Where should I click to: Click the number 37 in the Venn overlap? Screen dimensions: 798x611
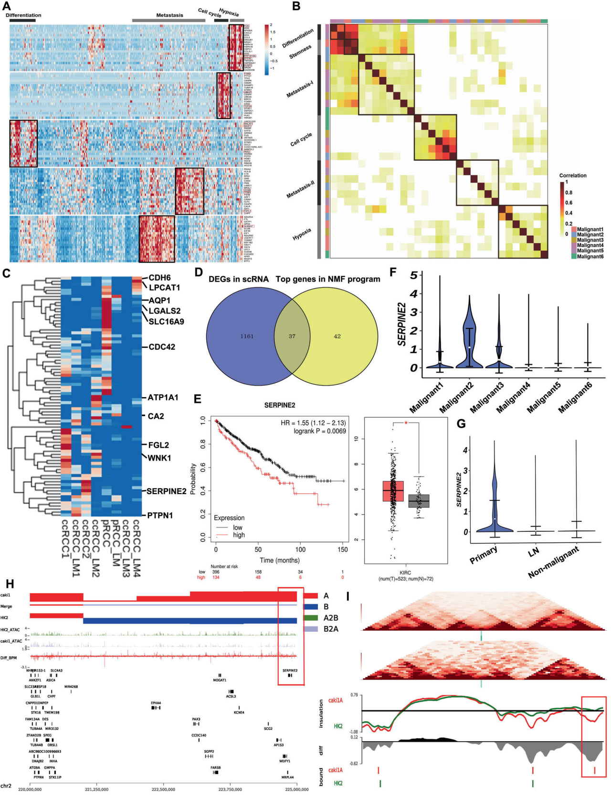[x=292, y=336]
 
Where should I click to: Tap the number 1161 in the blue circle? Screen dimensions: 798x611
[x=247, y=336]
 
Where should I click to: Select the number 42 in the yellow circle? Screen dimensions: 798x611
[x=337, y=336]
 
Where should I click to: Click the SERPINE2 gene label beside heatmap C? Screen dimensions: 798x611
[x=166, y=491]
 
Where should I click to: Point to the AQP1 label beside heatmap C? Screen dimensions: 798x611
[x=159, y=301]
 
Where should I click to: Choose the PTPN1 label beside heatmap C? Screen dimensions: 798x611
[x=160, y=516]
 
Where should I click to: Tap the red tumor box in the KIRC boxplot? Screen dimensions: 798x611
[x=393, y=491]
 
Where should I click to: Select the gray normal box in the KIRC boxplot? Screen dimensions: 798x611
[x=419, y=501]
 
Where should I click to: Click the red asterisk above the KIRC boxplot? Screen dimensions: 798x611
[x=406, y=423]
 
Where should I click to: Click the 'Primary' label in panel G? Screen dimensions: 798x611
[x=484, y=555]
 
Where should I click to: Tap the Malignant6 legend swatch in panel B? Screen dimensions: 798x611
[x=573, y=257]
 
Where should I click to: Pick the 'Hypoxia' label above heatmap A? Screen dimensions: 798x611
[x=229, y=11]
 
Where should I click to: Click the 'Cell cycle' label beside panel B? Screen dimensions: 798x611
[x=301, y=140]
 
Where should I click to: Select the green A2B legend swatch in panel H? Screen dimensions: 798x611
[x=311, y=618]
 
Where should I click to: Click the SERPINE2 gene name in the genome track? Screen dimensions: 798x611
[x=289, y=670]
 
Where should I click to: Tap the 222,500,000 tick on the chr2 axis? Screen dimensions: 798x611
[x=163, y=789]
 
